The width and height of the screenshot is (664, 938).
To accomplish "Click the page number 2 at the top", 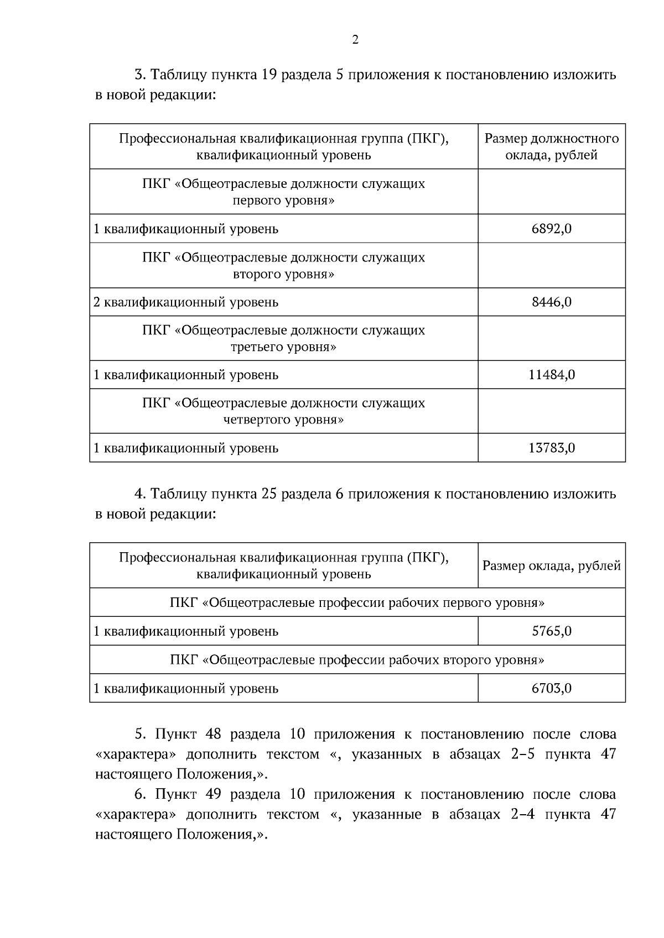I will [x=355, y=40].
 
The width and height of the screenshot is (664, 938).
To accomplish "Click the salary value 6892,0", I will [x=551, y=229].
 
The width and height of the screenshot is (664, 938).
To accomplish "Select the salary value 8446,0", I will [x=551, y=302].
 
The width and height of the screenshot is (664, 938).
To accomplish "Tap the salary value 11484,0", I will [x=551, y=375].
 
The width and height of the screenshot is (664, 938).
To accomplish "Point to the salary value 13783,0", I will [x=551, y=448].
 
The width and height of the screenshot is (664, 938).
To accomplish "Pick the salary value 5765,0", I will [x=551, y=631].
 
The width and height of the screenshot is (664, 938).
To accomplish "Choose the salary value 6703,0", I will [x=551, y=689].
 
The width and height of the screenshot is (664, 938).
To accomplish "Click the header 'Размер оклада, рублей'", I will [x=551, y=566].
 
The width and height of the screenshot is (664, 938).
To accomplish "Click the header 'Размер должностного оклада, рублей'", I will [x=551, y=146].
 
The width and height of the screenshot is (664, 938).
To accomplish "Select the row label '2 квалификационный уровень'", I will [x=186, y=302].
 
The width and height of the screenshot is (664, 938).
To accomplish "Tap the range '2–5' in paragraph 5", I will [x=522, y=754].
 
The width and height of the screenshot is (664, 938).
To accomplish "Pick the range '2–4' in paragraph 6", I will [x=522, y=815].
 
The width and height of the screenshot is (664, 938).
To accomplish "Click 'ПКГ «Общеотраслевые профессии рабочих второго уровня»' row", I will [x=357, y=660].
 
